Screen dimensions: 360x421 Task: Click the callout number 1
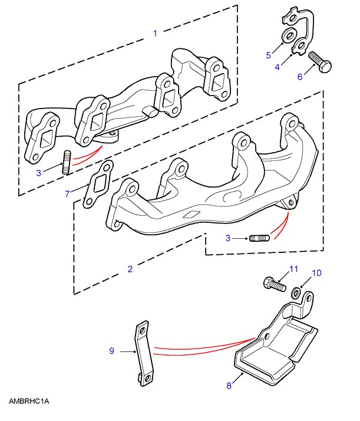(x=155, y=34)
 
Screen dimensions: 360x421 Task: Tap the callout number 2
(x=130, y=269)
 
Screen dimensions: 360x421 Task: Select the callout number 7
(x=68, y=193)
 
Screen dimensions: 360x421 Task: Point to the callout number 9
(x=112, y=351)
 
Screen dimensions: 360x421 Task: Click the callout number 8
(x=229, y=386)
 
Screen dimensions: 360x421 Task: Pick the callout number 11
(x=293, y=269)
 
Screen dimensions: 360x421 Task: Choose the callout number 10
(x=317, y=273)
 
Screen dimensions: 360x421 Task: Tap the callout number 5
(x=269, y=55)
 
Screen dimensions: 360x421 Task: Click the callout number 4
(x=278, y=67)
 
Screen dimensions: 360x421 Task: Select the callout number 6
(x=300, y=77)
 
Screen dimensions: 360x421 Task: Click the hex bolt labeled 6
(x=320, y=62)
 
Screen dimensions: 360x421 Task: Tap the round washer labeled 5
(x=289, y=36)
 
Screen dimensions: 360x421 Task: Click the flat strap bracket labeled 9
(x=144, y=354)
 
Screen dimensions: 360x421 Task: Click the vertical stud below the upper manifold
(x=67, y=163)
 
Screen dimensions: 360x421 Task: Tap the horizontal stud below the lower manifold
(x=259, y=238)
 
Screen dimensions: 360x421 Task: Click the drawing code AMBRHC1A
(x=29, y=402)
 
